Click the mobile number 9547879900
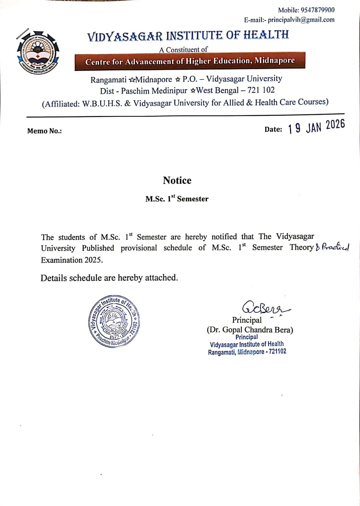(x=317, y=10)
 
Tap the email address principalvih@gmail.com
(x=301, y=20)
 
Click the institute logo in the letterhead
(x=38, y=51)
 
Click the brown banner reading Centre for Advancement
(x=190, y=61)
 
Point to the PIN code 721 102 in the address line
(x=261, y=90)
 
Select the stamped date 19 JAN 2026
(x=316, y=127)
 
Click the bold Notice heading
(x=177, y=180)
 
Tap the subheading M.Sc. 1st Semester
(x=177, y=199)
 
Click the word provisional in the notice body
(x=138, y=248)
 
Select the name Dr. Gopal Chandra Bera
(x=250, y=330)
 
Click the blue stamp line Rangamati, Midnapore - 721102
(x=247, y=352)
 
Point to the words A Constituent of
(x=183, y=50)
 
